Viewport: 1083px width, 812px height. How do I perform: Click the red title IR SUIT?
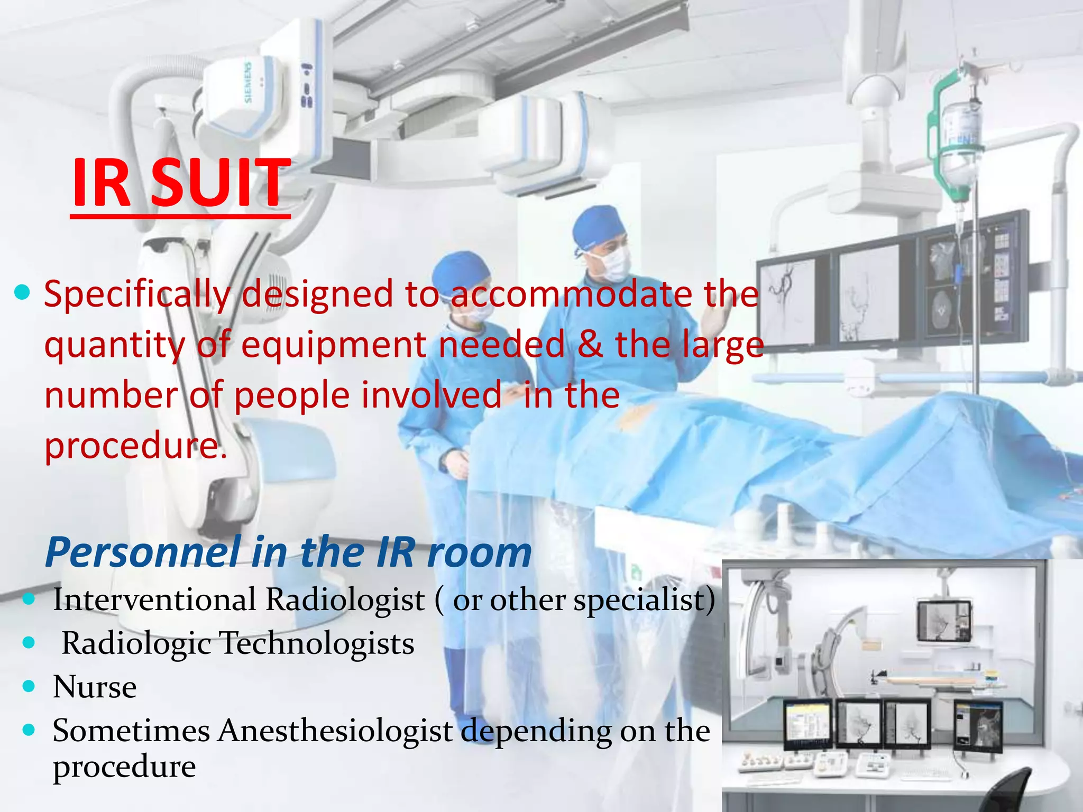(180, 182)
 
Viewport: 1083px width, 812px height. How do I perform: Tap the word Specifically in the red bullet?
(137, 294)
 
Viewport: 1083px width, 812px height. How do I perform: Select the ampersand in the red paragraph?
(589, 345)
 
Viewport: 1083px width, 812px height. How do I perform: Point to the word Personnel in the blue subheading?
(143, 552)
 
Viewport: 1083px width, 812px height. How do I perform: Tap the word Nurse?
(95, 687)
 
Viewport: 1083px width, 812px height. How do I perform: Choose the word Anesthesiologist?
(336, 731)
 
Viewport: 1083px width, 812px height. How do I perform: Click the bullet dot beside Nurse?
(29, 687)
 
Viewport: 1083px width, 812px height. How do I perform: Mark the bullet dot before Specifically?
(22, 292)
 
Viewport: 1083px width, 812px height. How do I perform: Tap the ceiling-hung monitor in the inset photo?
(944, 621)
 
